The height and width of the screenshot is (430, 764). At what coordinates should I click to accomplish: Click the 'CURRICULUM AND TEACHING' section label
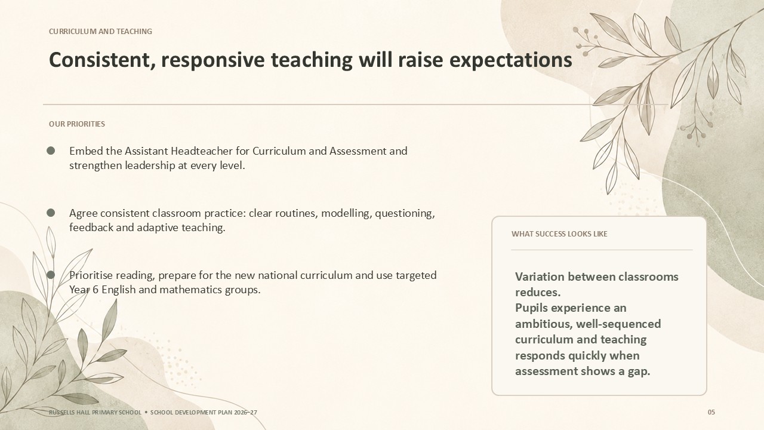pos(100,32)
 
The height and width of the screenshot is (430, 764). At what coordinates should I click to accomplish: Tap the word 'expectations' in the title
pos(510,61)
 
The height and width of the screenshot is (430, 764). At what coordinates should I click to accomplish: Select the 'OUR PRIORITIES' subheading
pos(77,124)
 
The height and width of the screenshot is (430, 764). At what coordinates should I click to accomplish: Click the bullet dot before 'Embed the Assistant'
pos(51,150)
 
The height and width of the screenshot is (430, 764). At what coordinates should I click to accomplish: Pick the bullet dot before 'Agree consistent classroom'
pos(51,213)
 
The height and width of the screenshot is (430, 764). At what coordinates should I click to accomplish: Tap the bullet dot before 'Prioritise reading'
pos(51,275)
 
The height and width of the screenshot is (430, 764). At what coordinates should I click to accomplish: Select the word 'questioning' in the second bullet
pos(405,213)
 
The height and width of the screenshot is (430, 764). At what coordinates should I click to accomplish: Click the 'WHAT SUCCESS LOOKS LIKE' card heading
pos(559,234)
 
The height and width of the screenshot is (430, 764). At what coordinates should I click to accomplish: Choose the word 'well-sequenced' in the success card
pos(618,324)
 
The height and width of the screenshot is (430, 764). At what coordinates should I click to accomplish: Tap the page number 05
pos(711,412)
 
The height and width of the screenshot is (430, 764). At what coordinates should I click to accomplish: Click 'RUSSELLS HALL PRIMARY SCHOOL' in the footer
pos(95,412)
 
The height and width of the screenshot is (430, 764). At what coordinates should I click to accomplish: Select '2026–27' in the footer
pos(245,412)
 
